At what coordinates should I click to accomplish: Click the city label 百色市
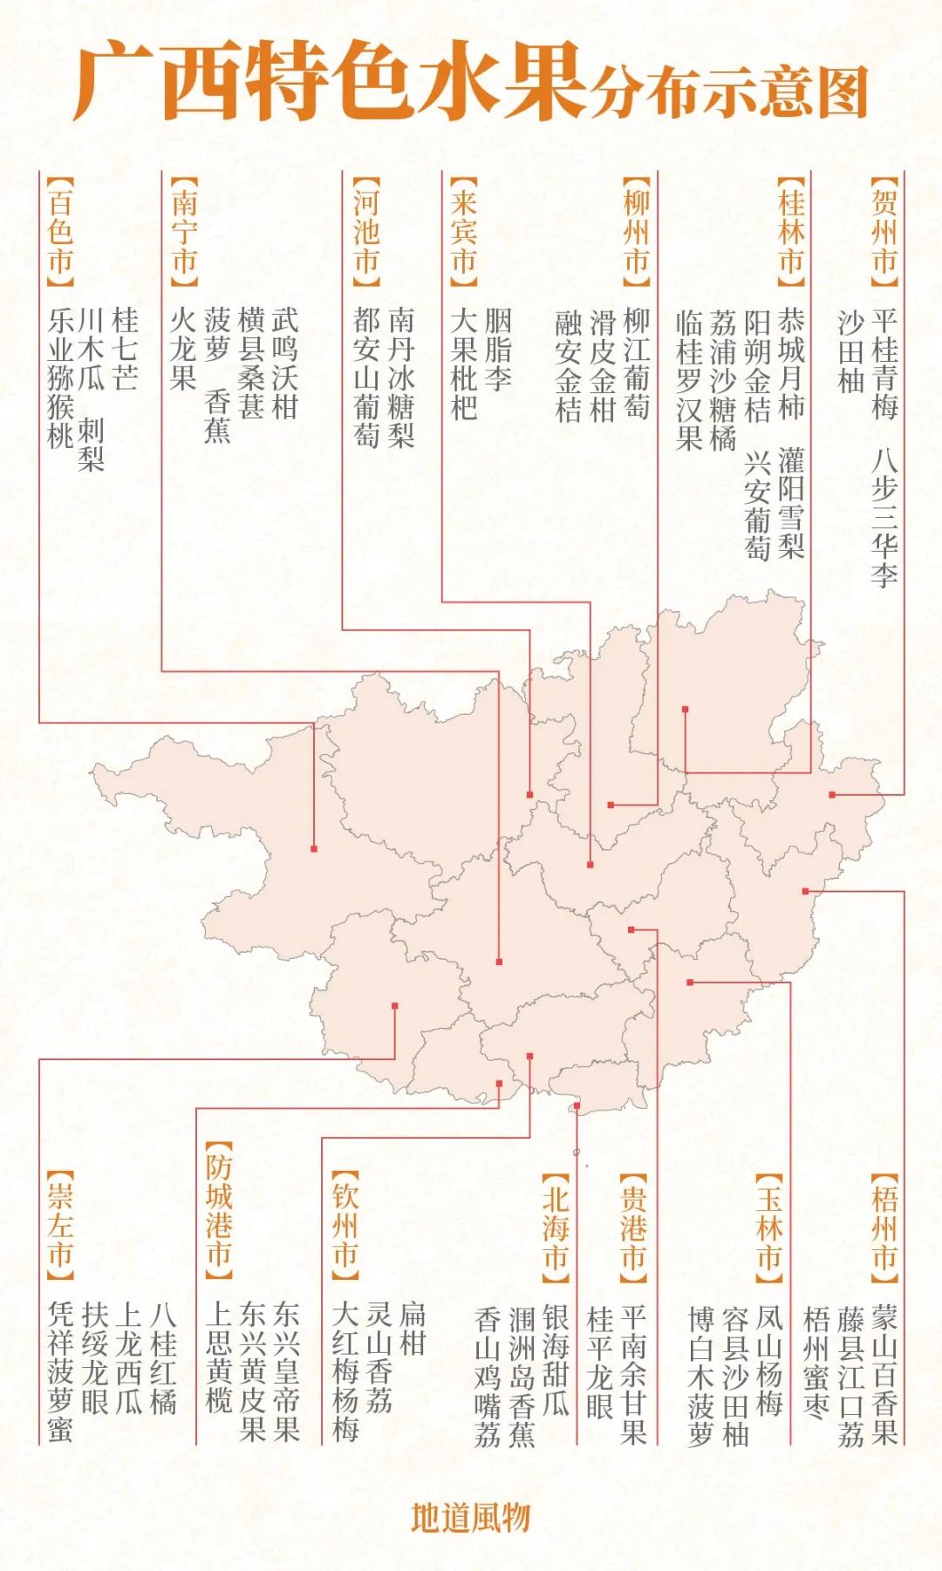[x=59, y=232]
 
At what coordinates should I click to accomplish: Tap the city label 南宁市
[x=184, y=232]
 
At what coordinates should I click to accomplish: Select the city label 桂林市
[x=791, y=232]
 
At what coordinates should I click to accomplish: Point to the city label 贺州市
[x=884, y=232]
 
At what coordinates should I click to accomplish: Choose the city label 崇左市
[x=59, y=1226]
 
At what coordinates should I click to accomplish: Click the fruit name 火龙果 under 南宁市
[x=183, y=349]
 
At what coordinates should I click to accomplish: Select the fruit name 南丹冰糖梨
[x=400, y=377]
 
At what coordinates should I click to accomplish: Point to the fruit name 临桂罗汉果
[x=689, y=379]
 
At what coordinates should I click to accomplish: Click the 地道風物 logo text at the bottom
[x=471, y=1517]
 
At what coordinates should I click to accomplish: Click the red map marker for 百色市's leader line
[x=314, y=848]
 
